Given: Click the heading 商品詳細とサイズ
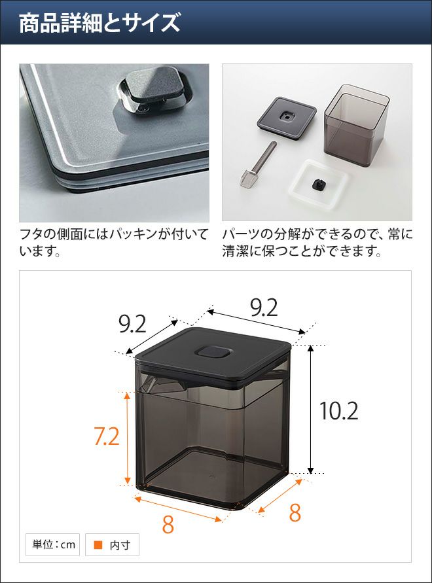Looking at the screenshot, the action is [99, 23].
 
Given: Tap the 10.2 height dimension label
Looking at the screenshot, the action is [339, 411].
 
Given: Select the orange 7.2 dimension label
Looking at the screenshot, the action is [107, 436].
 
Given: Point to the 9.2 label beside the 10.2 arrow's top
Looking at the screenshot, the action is [264, 308].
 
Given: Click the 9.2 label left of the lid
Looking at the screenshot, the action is [132, 324].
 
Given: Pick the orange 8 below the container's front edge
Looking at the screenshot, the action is [168, 524].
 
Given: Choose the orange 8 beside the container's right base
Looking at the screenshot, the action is [295, 513].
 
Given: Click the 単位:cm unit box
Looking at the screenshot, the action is [53, 544].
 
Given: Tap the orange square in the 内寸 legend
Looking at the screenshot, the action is [98, 544].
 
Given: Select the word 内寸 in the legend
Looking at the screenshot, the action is [120, 545].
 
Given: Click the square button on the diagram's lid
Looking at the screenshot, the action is [213, 352].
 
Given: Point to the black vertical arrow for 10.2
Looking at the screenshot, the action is [311, 409].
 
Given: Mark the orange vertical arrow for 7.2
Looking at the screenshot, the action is [127, 438].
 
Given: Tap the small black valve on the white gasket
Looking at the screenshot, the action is [319, 183].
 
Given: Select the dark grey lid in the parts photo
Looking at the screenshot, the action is [287, 118].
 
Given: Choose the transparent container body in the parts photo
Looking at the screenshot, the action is [357, 125].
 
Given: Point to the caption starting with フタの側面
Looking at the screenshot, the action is [113, 243].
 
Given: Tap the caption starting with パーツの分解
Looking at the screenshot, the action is [317, 243].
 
